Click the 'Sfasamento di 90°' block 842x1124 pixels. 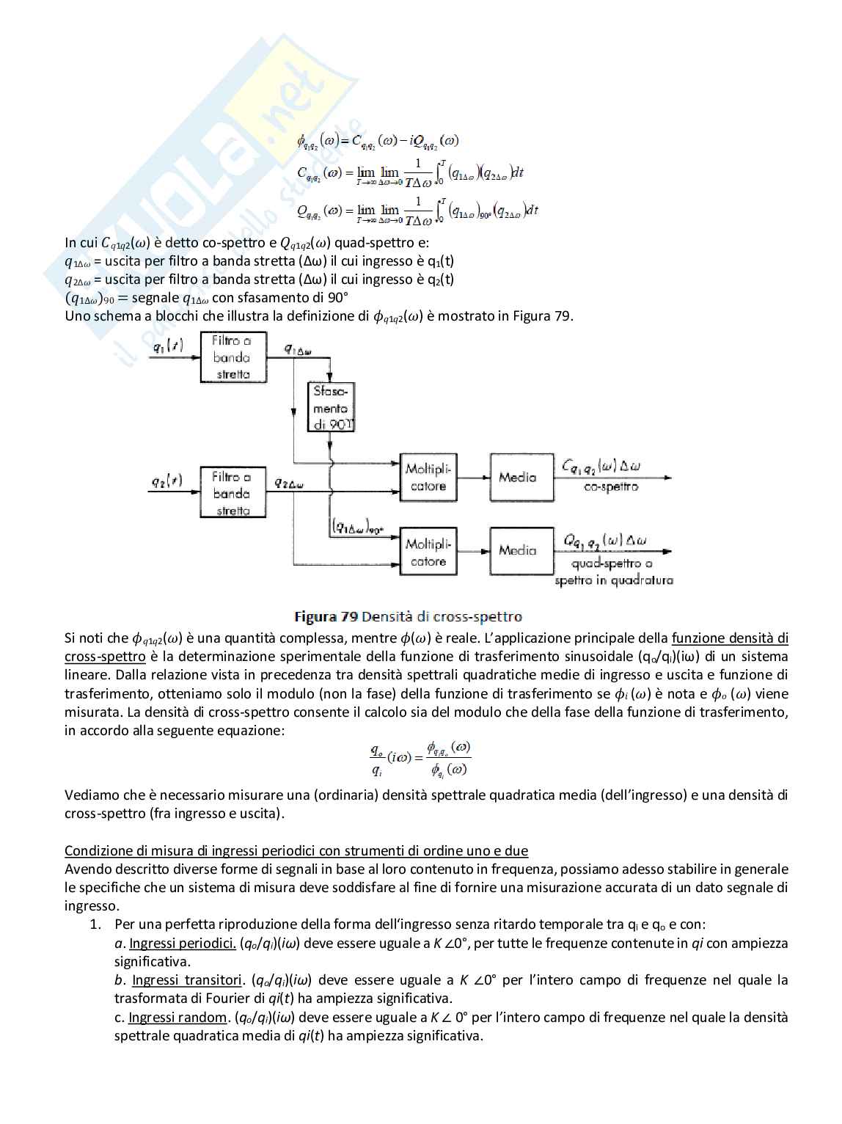click(331, 407)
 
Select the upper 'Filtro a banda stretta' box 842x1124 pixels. click(233, 357)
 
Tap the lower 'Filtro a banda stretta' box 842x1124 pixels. click(233, 493)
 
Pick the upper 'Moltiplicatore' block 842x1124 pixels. click(428, 478)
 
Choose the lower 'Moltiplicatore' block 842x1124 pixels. click(428, 552)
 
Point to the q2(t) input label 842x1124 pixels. click(166, 481)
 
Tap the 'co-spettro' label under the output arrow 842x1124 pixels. click(611, 486)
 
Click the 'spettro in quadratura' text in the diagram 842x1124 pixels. click(614, 580)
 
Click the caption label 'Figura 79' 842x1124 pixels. click(326, 616)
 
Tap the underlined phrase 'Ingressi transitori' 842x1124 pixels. click(187, 979)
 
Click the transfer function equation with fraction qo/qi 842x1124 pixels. click(420, 759)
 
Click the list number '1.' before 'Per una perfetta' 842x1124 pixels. click(95, 924)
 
